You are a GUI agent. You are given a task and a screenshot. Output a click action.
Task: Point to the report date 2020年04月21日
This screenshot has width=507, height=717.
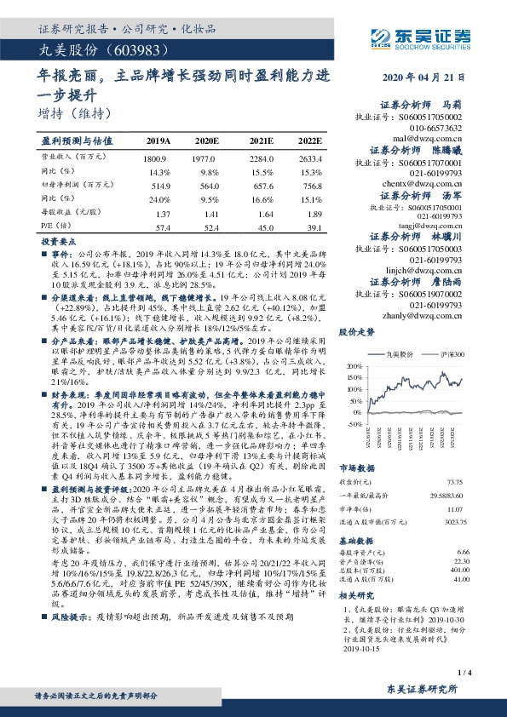coord(426,77)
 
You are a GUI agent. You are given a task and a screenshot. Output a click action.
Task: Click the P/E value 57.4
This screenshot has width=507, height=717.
coord(164,227)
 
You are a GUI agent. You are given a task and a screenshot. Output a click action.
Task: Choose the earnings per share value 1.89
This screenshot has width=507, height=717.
coord(314,214)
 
